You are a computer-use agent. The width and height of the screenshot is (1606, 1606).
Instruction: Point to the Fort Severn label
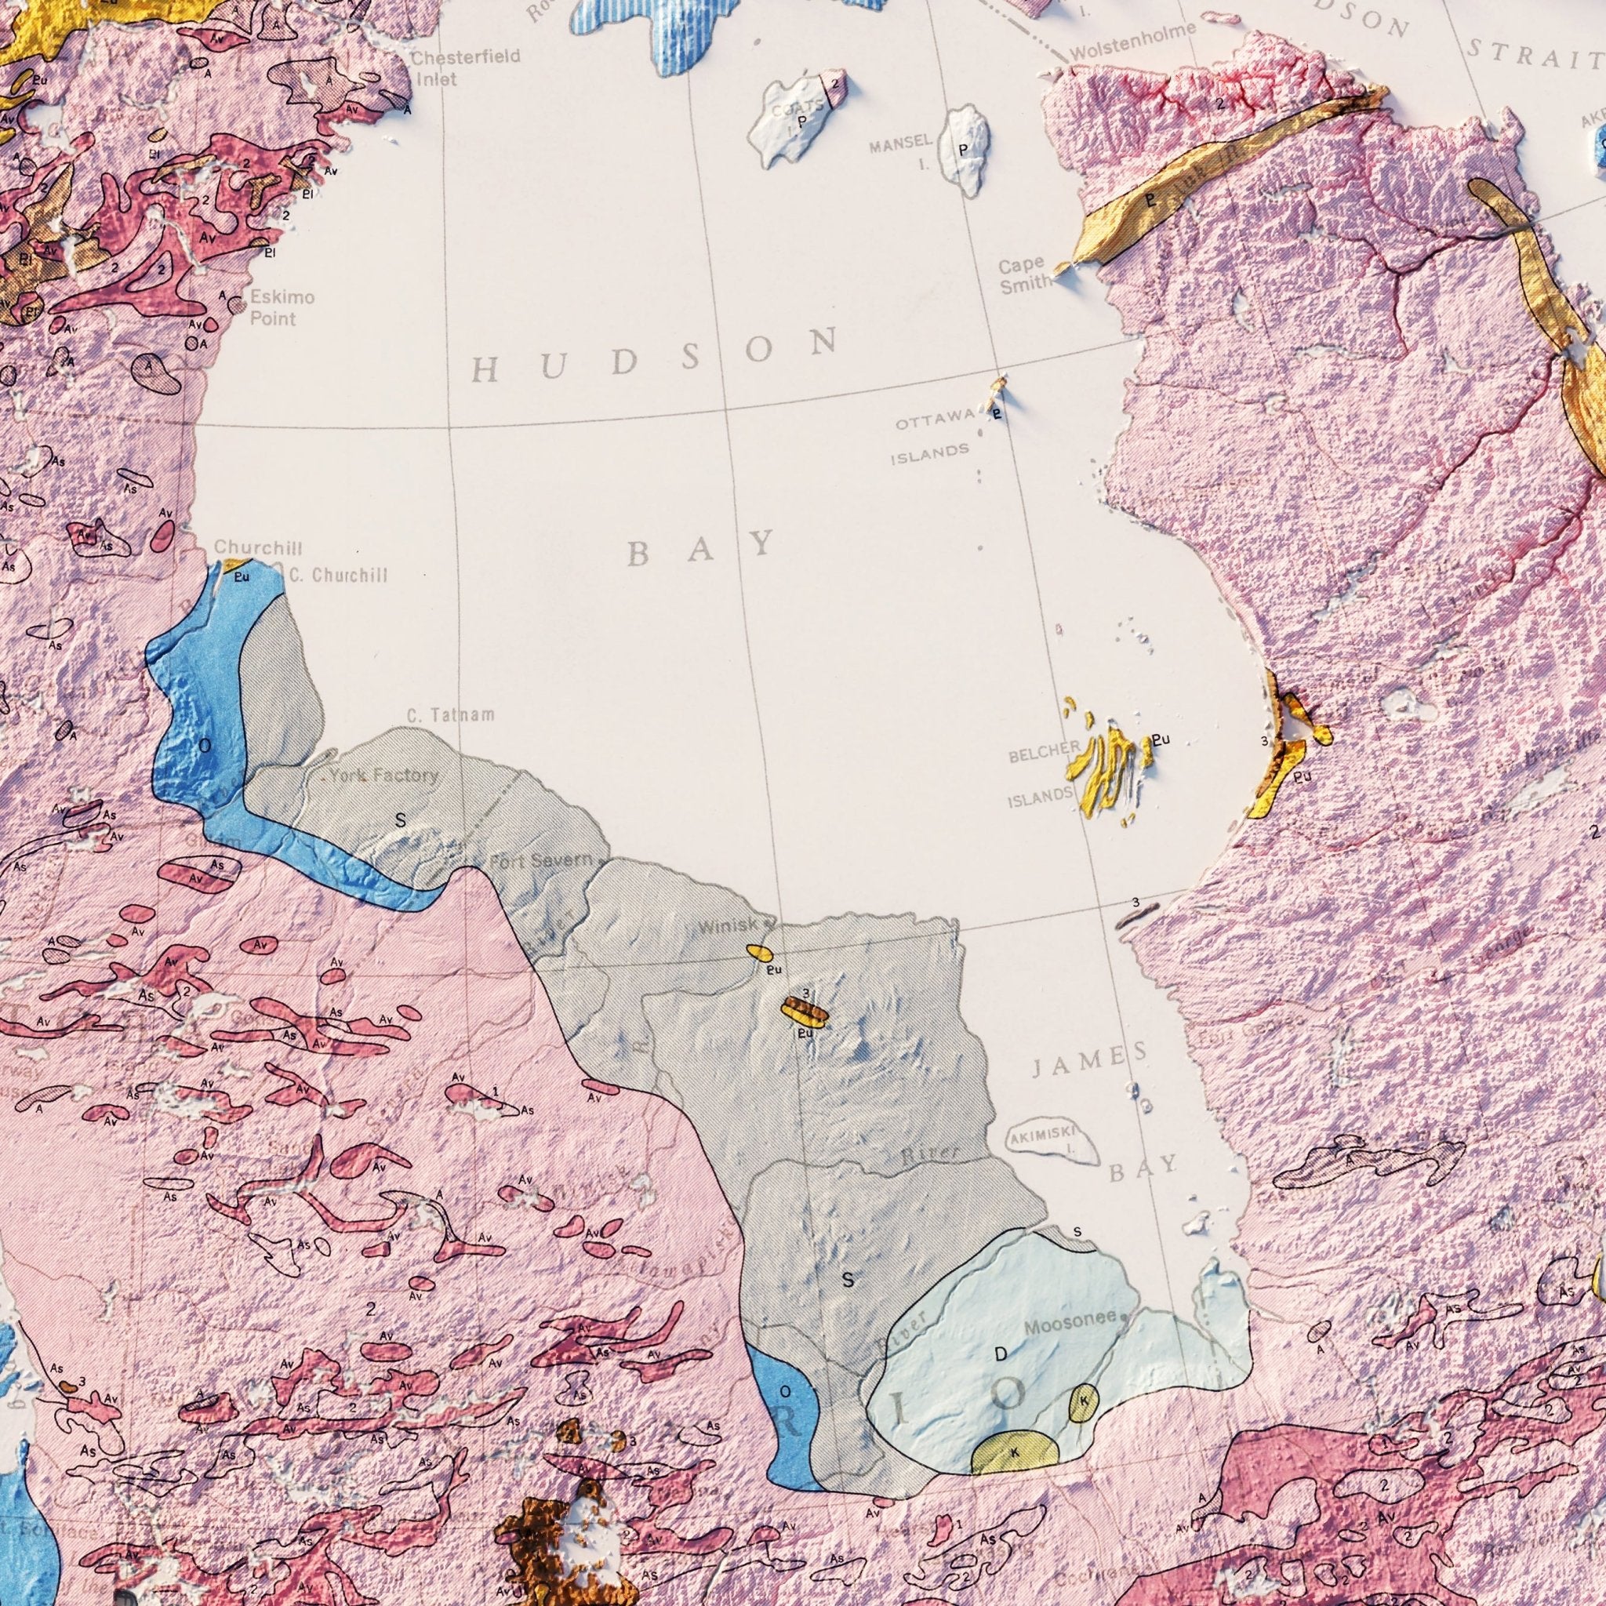coord(541,861)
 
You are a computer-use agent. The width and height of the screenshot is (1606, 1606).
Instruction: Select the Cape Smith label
coord(1023,276)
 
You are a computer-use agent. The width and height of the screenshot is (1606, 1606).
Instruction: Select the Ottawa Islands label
coord(932,438)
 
